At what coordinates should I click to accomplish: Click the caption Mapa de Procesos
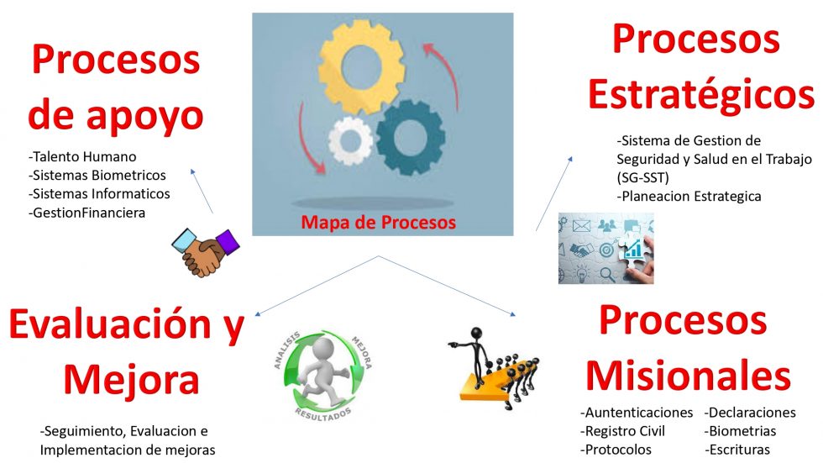click(378, 222)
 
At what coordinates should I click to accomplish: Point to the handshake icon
click(205, 252)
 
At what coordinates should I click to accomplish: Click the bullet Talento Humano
click(82, 156)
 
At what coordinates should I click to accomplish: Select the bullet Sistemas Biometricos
click(97, 176)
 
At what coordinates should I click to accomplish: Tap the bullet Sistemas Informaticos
click(99, 194)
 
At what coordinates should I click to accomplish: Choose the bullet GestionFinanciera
click(86, 213)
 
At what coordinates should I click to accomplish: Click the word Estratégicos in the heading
click(700, 94)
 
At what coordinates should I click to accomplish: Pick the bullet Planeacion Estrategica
click(689, 197)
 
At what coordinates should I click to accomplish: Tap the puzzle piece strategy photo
click(605, 248)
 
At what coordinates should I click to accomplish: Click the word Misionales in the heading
click(688, 376)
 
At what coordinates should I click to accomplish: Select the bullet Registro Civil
click(622, 431)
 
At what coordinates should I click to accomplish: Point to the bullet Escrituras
click(737, 450)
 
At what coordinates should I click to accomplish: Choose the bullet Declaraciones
click(750, 413)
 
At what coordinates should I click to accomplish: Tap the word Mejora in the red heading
click(131, 381)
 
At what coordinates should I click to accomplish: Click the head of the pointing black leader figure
click(477, 334)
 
